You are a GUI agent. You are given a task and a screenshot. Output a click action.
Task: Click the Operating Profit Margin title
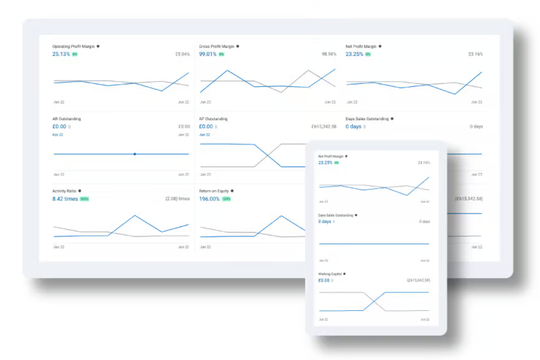(x=73, y=46)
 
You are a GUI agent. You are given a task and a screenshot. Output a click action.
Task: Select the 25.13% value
(x=61, y=54)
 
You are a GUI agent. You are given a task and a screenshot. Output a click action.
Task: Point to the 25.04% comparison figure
(x=182, y=54)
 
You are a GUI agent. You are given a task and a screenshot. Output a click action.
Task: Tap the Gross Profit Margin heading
(x=216, y=46)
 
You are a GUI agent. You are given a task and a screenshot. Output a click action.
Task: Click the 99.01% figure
(x=208, y=54)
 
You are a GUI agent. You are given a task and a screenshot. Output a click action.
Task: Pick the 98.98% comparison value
(x=329, y=54)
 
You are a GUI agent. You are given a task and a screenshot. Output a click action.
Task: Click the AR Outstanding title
(x=66, y=119)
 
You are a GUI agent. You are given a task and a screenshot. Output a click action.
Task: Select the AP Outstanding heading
(x=213, y=119)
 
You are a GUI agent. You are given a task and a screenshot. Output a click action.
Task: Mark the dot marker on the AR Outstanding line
(x=135, y=154)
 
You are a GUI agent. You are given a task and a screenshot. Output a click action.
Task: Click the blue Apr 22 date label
(x=58, y=135)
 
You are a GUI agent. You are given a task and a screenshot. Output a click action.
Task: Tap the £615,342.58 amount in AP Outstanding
(x=324, y=127)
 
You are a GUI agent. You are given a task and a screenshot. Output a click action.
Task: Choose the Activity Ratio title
(x=64, y=191)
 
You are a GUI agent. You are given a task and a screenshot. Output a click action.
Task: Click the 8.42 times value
(x=65, y=199)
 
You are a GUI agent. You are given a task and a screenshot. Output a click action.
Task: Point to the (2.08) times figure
(x=178, y=199)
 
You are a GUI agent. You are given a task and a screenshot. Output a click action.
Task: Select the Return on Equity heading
(x=214, y=191)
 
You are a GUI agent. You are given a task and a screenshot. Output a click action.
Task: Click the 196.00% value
(x=209, y=199)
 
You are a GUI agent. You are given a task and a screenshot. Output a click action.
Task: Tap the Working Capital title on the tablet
(x=330, y=274)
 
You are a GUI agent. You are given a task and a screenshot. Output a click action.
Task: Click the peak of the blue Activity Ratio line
(x=135, y=216)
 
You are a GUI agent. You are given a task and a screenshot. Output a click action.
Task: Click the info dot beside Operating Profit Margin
(x=98, y=46)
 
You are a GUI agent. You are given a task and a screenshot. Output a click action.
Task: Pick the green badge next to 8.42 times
(x=84, y=199)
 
